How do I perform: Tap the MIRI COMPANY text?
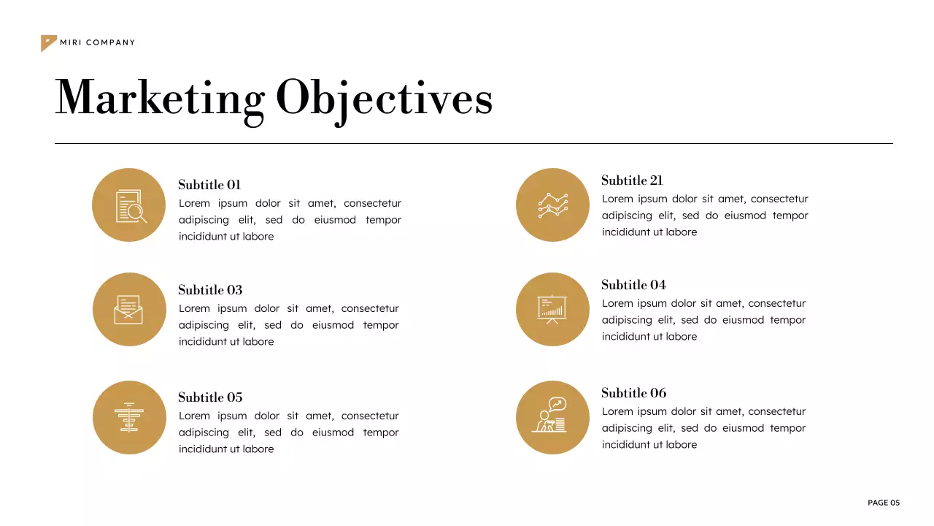98,42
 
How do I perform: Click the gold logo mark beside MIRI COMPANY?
47,42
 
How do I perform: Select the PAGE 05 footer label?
884,503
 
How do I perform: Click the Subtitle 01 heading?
209,185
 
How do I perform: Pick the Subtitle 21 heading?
632,180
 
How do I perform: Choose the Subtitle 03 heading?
210,290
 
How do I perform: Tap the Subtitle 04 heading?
633,285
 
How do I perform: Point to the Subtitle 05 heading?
210,397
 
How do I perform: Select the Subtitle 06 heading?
633,393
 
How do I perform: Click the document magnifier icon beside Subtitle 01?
130,205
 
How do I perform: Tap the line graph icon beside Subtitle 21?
552,205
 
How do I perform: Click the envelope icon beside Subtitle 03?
128,310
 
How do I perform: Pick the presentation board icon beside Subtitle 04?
552,309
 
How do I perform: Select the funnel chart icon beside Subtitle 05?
129,417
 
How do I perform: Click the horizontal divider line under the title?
474,144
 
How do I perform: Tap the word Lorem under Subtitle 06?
617,411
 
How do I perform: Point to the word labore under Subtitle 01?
258,237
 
